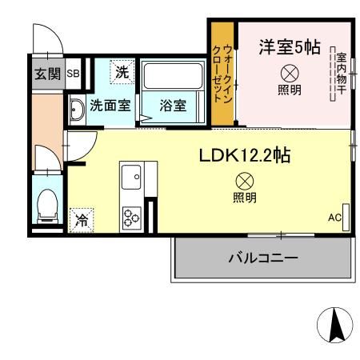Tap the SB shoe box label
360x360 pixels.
point(73,74)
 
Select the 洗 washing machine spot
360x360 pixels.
point(122,71)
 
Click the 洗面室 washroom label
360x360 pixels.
point(110,104)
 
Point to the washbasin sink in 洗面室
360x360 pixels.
point(77,110)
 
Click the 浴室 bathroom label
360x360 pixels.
point(172,104)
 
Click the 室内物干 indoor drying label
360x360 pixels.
point(341,72)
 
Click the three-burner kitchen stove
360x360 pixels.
point(130,215)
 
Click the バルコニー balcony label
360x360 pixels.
point(262,258)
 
